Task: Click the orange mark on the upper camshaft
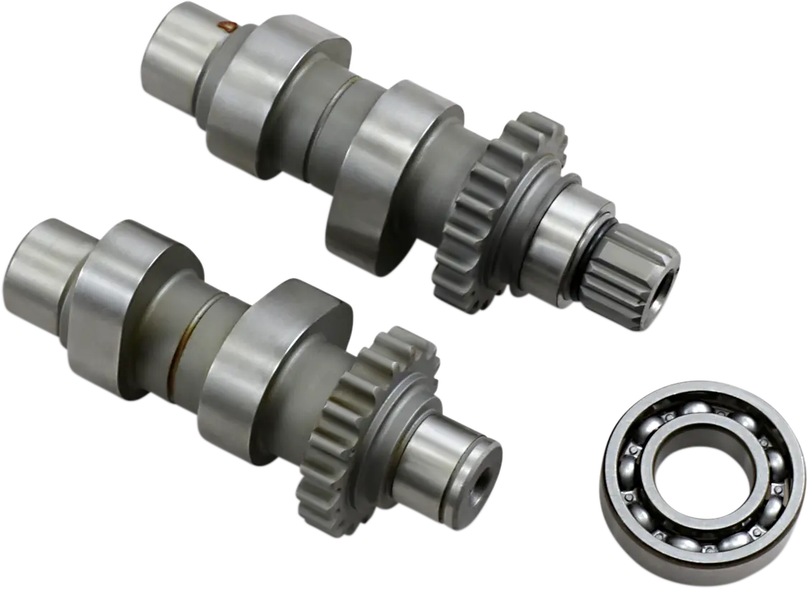[229, 27]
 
